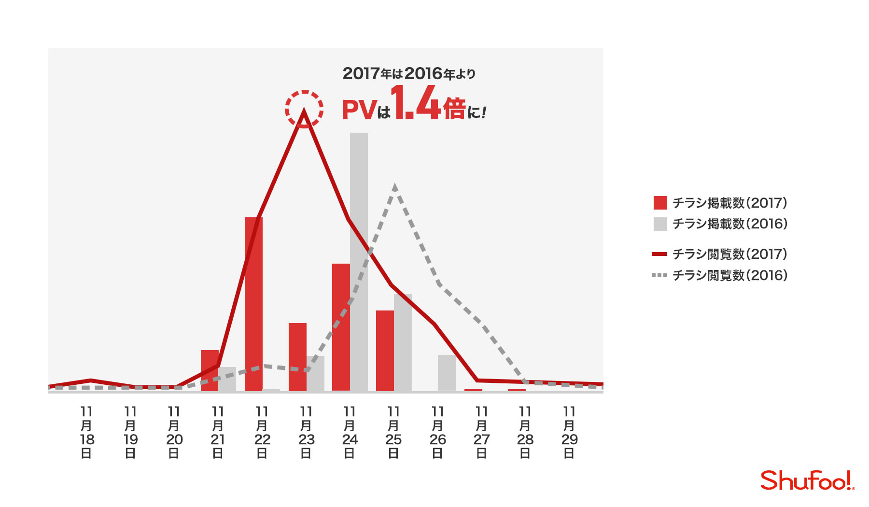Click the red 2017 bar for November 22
click(x=253, y=304)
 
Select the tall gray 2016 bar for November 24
click(x=359, y=262)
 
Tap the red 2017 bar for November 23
click(x=297, y=357)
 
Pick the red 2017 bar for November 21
click(x=210, y=370)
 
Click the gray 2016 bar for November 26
click(x=447, y=373)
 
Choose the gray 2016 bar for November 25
click(x=403, y=342)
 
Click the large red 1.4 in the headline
click(x=416, y=102)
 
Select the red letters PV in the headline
click(x=359, y=110)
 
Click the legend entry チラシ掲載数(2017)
click(x=720, y=203)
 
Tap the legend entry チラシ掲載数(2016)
click(x=720, y=224)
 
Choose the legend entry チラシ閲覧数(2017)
click(x=719, y=254)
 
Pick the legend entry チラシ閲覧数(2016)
click(x=719, y=275)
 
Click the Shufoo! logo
click(x=807, y=480)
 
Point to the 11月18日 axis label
click(x=87, y=432)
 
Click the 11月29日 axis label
click(x=569, y=432)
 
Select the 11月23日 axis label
click(x=306, y=432)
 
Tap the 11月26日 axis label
click(x=437, y=432)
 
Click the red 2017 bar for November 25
click(x=385, y=351)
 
